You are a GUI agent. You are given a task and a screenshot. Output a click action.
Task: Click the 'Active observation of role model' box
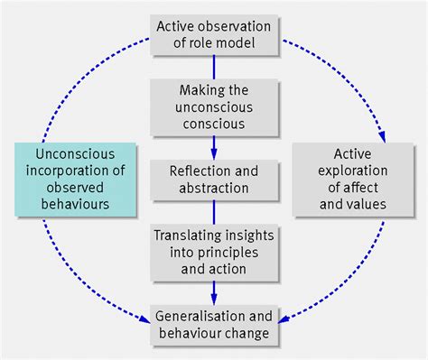(x=214, y=35)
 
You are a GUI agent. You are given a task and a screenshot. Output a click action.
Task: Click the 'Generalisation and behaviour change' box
(x=214, y=325)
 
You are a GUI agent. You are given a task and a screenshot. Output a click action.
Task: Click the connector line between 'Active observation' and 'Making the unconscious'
(x=214, y=66)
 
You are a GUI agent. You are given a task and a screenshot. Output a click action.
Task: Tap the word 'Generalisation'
(x=196, y=317)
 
